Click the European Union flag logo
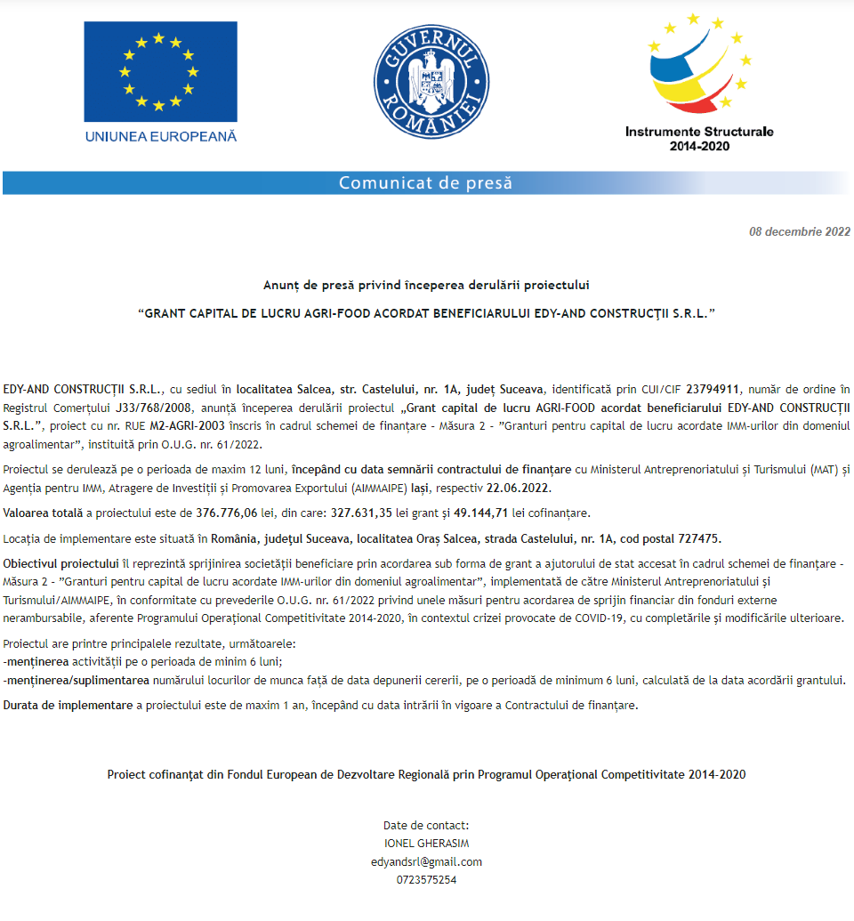click(160, 71)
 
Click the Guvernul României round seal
click(427, 81)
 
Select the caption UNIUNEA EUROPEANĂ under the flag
click(161, 136)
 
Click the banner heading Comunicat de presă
click(426, 183)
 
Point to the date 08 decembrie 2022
click(800, 231)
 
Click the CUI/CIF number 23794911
click(715, 389)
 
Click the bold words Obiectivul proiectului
click(60, 564)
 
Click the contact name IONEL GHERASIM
click(426, 844)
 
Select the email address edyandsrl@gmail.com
click(426, 861)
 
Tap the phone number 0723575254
click(426, 880)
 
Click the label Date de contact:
click(426, 825)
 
